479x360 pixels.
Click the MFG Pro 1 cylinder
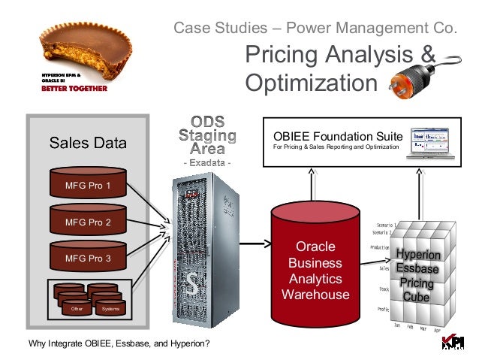point(88,184)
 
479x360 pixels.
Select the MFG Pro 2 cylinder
point(88,222)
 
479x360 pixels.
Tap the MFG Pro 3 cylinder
point(88,258)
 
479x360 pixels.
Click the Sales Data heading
point(88,143)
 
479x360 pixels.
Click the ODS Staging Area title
point(208,136)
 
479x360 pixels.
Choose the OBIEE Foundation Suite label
point(338,136)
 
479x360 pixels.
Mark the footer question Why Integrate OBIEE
point(118,345)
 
